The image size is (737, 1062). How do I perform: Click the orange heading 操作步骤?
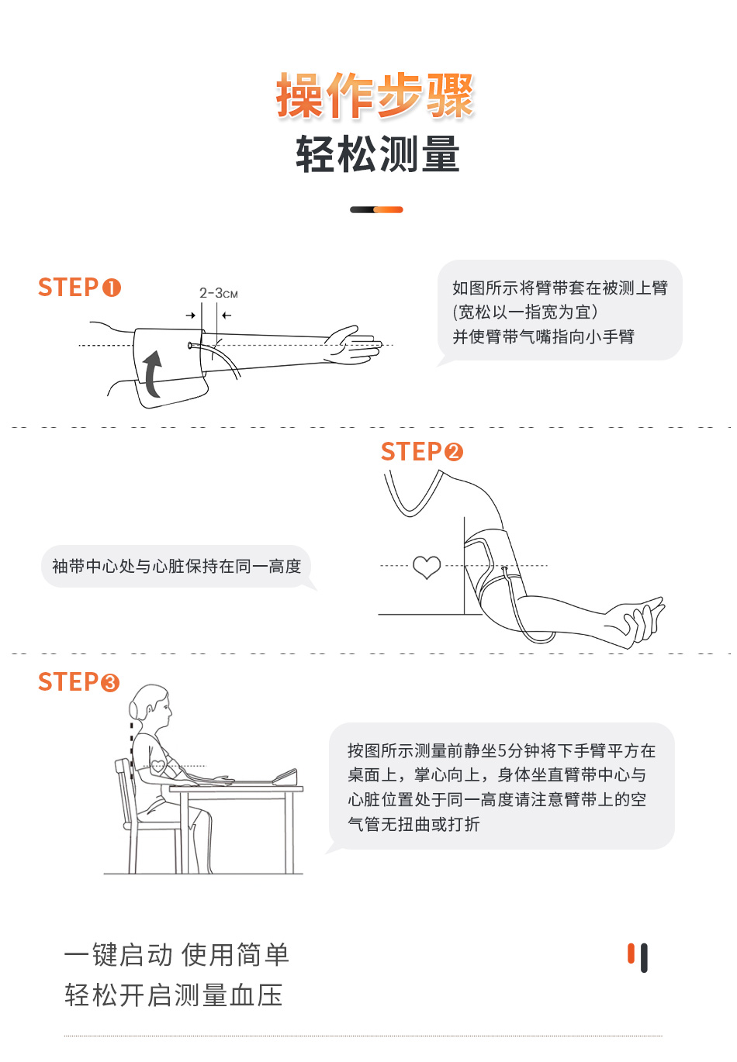click(375, 95)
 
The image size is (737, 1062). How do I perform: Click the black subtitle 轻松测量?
click(378, 153)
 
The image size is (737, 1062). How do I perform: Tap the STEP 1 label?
click(80, 288)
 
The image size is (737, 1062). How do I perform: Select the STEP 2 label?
click(422, 451)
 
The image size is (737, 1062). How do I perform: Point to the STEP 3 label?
click(79, 681)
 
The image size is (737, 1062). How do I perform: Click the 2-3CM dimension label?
click(218, 293)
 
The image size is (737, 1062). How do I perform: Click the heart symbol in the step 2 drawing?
click(427, 567)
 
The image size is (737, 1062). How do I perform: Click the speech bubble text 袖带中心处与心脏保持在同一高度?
click(177, 566)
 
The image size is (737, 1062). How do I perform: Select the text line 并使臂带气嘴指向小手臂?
click(543, 336)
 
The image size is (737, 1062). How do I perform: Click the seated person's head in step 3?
click(151, 705)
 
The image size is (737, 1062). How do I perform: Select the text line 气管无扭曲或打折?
click(413, 824)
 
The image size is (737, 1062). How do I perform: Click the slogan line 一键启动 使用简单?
click(177, 954)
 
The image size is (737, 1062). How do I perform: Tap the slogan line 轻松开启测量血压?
click(174, 995)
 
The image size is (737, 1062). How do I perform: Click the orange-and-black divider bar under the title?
click(376, 209)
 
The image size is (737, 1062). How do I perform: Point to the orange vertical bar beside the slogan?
click(631, 953)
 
